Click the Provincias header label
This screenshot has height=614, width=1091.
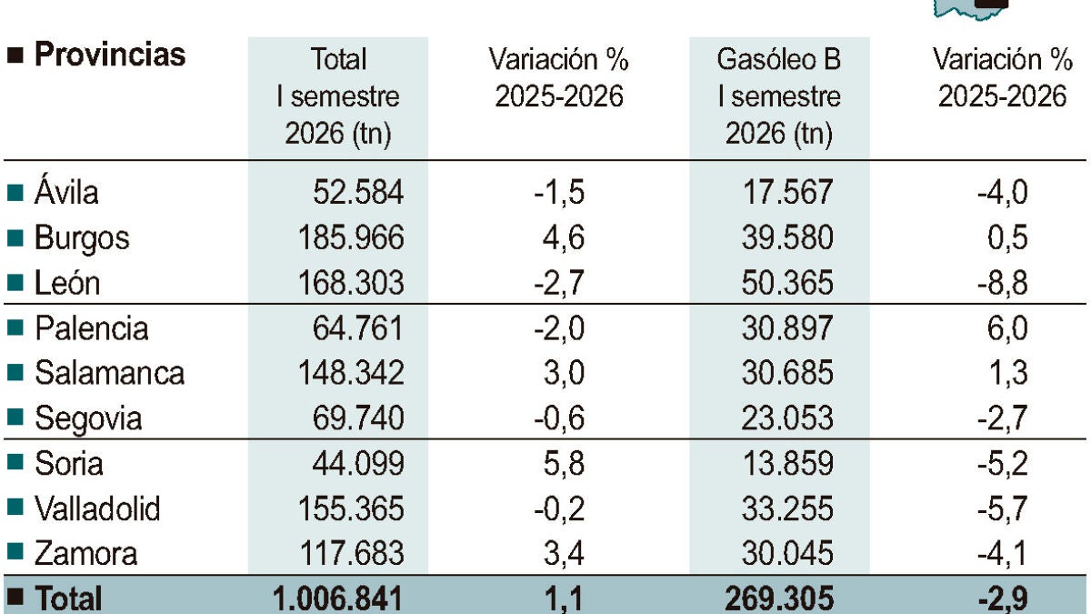coord(110,54)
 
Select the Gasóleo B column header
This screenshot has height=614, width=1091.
coord(779,96)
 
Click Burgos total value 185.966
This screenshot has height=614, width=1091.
coord(351,237)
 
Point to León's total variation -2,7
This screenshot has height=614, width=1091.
coord(559,283)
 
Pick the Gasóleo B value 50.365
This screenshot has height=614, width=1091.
coord(787,283)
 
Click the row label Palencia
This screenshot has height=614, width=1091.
coord(92,328)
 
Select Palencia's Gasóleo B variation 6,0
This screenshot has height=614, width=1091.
coord(1007,328)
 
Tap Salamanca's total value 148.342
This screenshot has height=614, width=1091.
coord(351,373)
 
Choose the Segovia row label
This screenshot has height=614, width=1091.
coord(88,419)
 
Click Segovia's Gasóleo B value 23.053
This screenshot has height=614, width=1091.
coord(787,418)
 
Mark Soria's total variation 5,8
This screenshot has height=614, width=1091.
coord(564,463)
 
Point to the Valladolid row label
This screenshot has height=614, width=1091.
coord(97,508)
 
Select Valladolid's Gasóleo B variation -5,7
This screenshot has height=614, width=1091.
coord(1002,508)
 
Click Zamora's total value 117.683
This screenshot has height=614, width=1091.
coord(352,553)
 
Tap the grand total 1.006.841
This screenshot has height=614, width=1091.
coord(337,599)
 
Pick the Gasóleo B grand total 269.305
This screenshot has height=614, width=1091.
coord(779,599)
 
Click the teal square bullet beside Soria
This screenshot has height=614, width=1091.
coord(15,461)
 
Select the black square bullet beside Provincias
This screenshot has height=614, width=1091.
coord(15,55)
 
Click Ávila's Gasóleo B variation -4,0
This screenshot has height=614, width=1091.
coord(1002,192)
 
